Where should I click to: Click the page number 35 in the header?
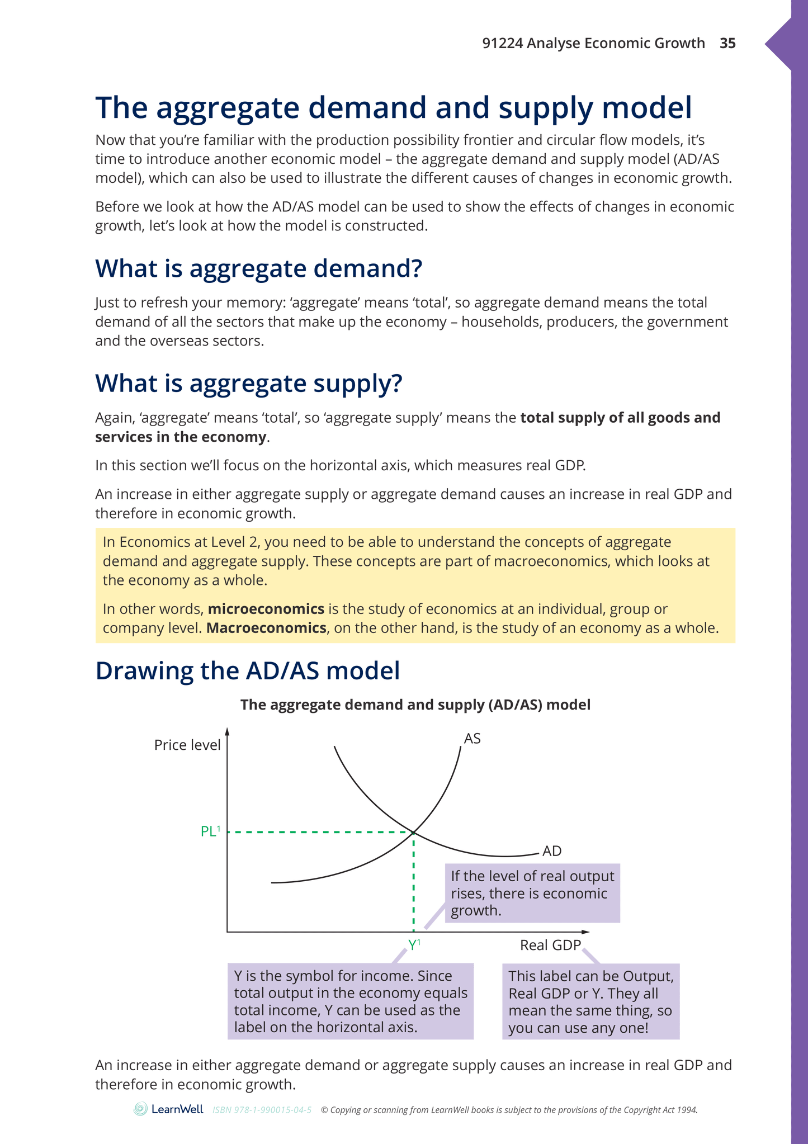click(727, 43)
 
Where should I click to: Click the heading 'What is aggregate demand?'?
click(258, 268)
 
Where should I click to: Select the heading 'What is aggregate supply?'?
click(248, 384)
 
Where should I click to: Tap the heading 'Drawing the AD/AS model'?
click(248, 670)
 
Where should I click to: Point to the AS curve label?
click(472, 739)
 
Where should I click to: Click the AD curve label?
click(551, 851)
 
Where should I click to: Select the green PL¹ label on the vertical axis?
click(210, 831)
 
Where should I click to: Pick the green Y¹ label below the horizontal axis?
click(414, 945)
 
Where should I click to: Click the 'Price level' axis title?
click(187, 745)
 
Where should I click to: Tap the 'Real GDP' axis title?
click(550, 945)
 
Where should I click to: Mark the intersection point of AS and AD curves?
click(413, 832)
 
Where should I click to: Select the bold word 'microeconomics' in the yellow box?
click(266, 609)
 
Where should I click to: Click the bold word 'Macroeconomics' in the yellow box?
click(266, 628)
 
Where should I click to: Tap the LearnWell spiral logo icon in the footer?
click(141, 1109)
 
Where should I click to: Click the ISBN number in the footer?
click(262, 1110)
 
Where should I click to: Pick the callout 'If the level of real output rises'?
click(532, 893)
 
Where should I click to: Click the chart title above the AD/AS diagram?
click(415, 705)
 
